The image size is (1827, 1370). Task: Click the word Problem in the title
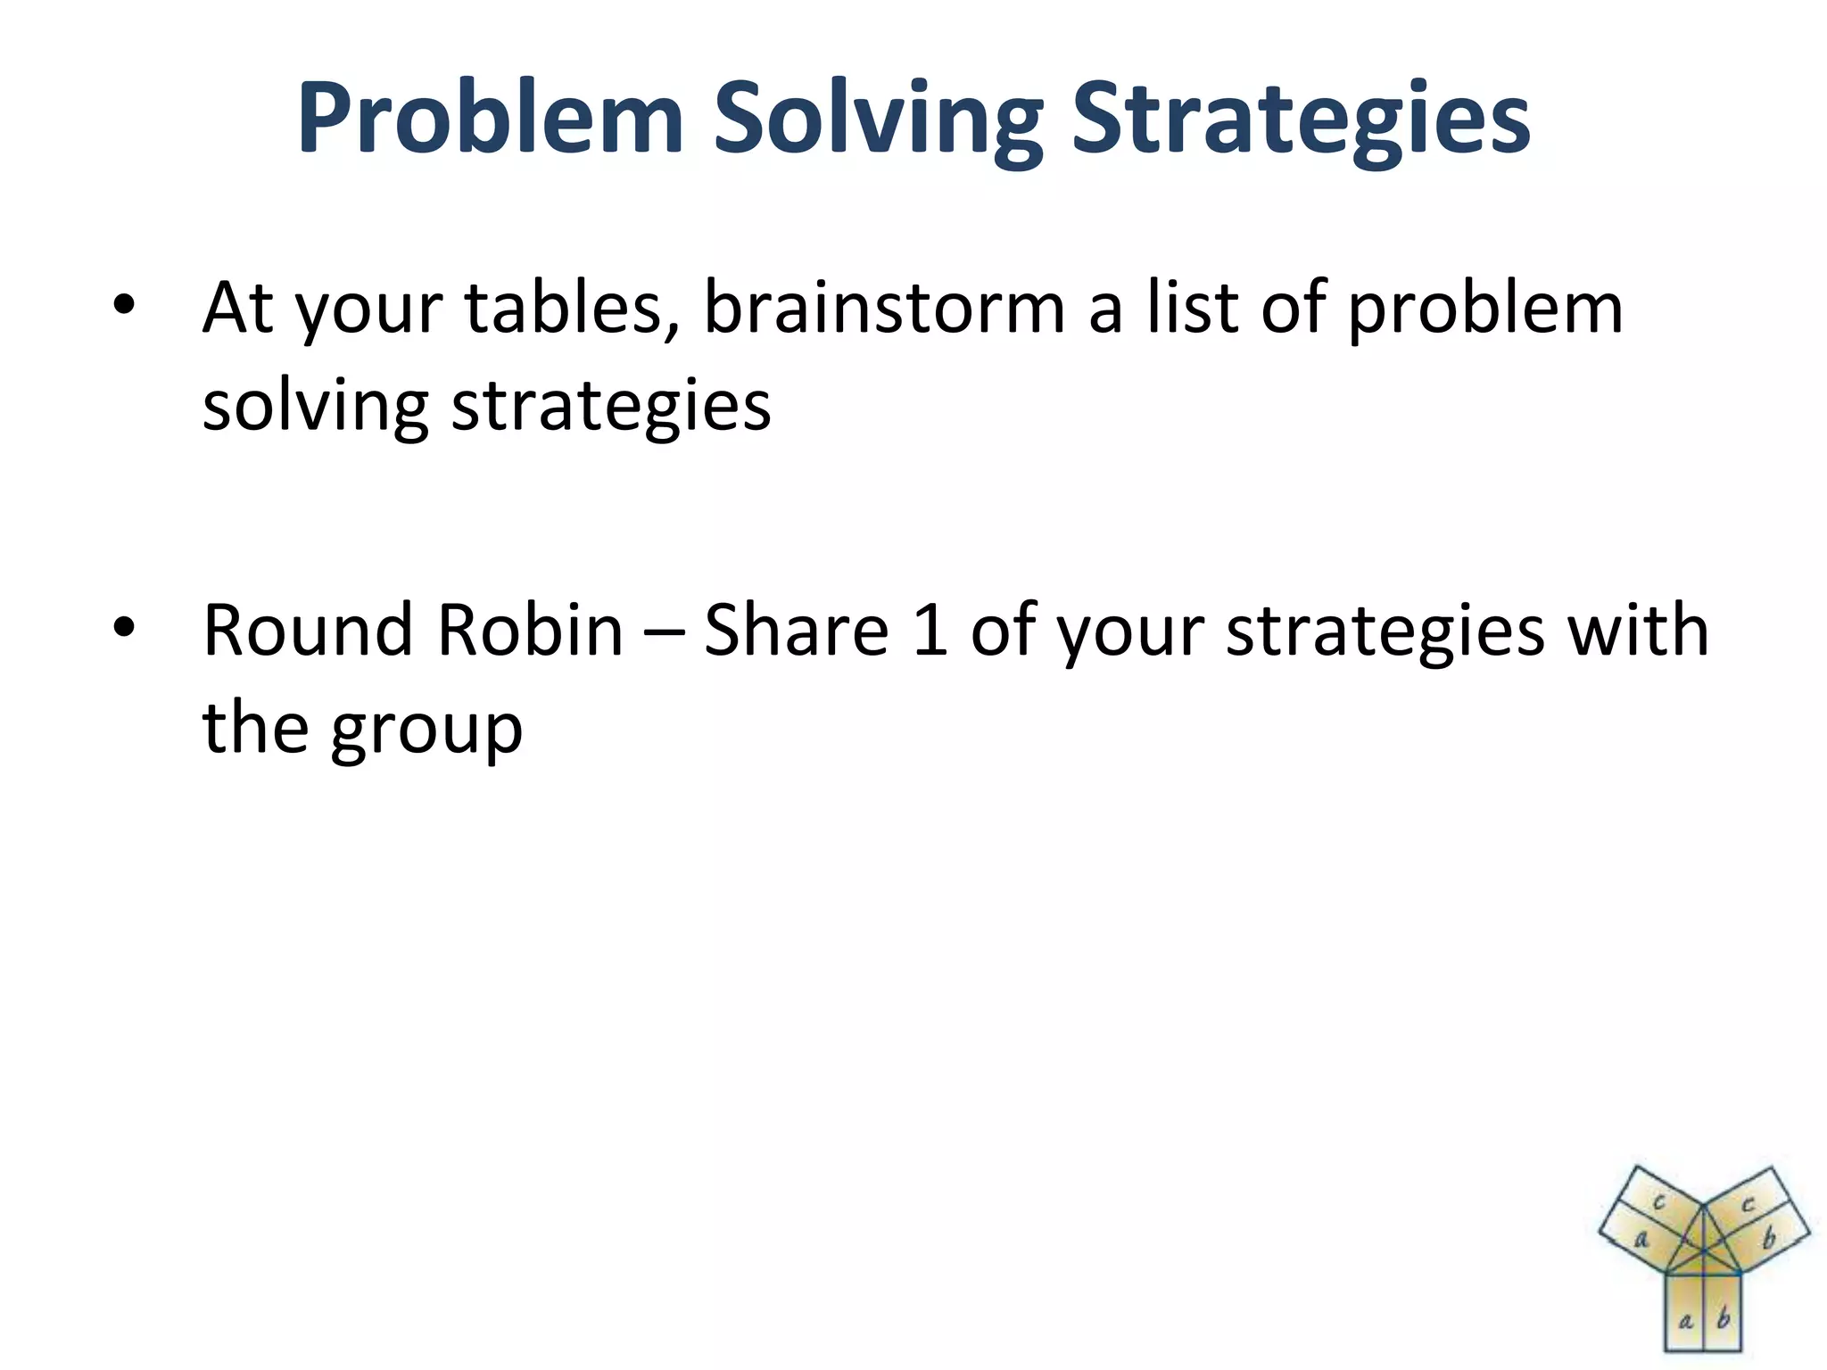pos(490,120)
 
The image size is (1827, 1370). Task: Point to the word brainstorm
pos(883,308)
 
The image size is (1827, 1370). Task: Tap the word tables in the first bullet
pos(571,308)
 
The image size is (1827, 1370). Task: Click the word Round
pos(308,631)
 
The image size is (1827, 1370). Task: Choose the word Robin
pos(530,631)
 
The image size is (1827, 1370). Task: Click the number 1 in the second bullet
pos(930,631)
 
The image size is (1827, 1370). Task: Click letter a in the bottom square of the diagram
pos(1685,1321)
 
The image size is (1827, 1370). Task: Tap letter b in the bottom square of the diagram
pos(1724,1318)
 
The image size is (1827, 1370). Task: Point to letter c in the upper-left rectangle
pos(1659,1201)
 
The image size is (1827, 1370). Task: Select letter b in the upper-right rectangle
pos(1770,1238)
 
